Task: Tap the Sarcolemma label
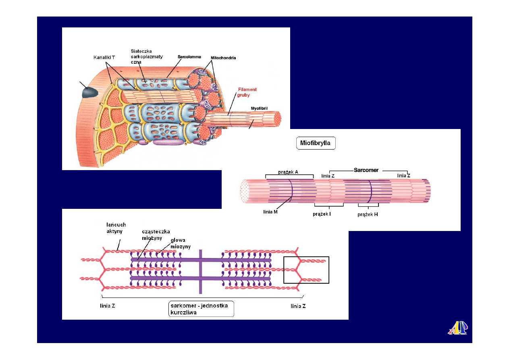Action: click(189, 57)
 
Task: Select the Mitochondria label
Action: click(223, 58)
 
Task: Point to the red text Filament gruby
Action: click(247, 92)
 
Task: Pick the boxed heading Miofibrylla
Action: click(316, 143)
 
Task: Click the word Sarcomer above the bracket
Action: click(366, 170)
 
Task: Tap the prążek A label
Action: click(288, 172)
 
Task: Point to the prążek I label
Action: click(322, 214)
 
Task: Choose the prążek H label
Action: click(368, 214)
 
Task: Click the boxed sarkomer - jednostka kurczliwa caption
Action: click(201, 309)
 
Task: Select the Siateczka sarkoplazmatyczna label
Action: click(147, 56)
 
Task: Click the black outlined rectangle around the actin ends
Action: click(306, 270)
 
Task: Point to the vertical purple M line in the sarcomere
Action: click(200, 271)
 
